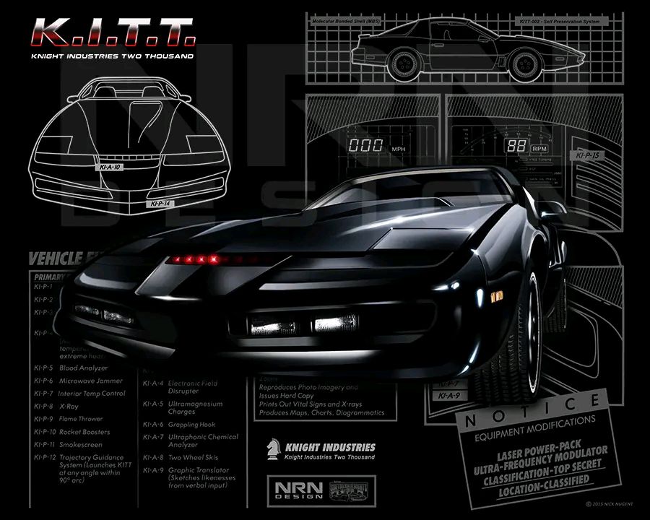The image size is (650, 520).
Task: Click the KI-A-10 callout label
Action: (x=108, y=167)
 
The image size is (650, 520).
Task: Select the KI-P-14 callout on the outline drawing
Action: (x=161, y=204)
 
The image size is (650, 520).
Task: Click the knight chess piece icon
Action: (x=274, y=449)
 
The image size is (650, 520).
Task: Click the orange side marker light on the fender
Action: (x=495, y=296)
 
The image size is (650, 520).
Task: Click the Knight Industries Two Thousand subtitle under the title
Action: (x=111, y=56)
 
